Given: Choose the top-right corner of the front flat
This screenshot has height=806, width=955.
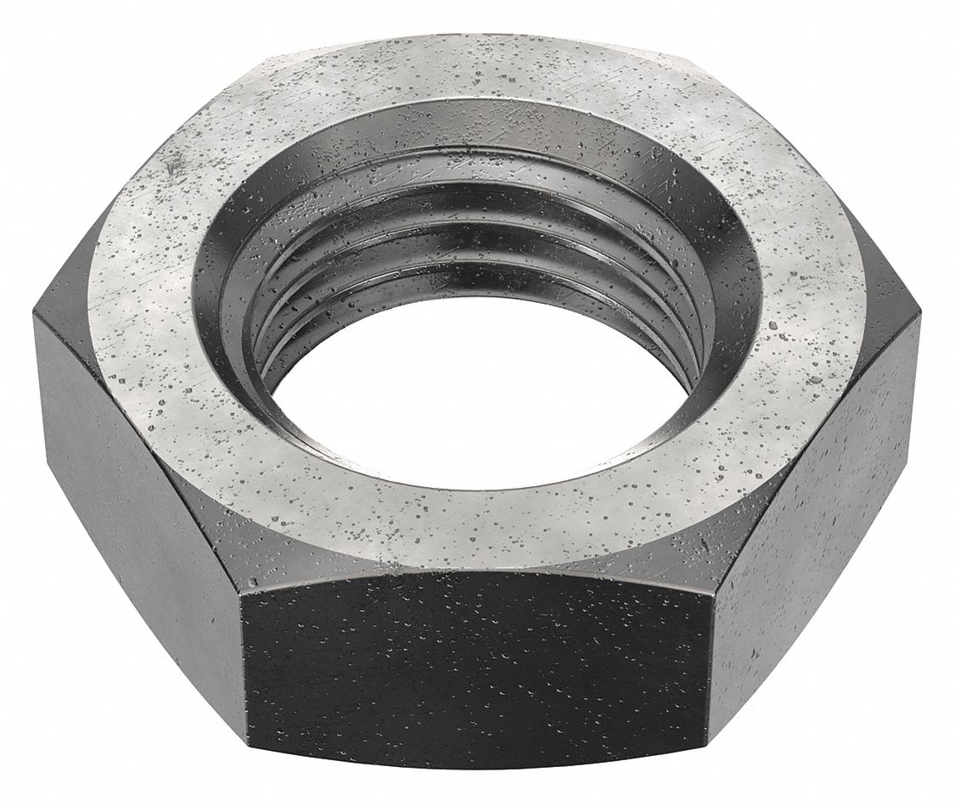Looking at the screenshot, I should tap(711, 598).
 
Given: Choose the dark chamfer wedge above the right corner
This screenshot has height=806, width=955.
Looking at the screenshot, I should tap(883, 263).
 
